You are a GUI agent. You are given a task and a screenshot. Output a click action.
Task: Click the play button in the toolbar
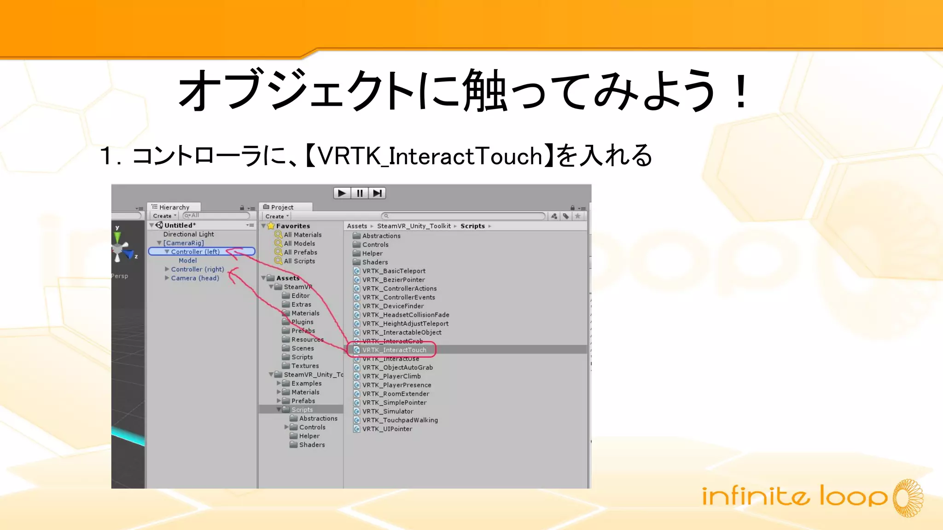click(342, 193)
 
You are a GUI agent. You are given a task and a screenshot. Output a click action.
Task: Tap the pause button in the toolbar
click(360, 193)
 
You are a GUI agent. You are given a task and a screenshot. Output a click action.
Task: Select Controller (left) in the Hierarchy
click(195, 252)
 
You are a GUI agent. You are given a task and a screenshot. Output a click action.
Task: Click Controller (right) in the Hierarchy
click(197, 269)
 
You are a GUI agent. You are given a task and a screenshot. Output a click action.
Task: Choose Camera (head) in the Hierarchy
click(195, 278)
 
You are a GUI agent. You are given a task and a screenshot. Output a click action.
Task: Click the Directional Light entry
click(188, 234)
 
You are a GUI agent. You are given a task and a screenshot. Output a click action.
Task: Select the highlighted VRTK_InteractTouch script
click(394, 350)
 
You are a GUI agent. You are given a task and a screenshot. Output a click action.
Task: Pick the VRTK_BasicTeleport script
click(394, 271)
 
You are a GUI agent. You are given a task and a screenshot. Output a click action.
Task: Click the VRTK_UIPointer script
click(387, 429)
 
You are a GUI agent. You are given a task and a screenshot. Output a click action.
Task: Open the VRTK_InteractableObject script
click(402, 332)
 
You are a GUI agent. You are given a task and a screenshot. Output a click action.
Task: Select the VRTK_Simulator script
click(387, 411)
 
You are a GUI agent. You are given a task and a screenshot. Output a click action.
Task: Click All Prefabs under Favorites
click(300, 252)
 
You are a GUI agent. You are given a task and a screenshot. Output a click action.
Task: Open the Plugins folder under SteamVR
click(302, 322)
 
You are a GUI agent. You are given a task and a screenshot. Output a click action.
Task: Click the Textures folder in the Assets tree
click(305, 366)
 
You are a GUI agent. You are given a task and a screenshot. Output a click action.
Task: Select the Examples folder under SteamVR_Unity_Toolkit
click(306, 383)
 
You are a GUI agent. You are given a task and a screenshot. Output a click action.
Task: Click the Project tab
click(282, 207)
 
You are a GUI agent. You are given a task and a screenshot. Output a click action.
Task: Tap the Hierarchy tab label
click(174, 207)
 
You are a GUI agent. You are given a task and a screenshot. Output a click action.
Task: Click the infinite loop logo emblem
click(908, 498)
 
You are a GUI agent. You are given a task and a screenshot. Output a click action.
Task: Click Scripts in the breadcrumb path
click(472, 226)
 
